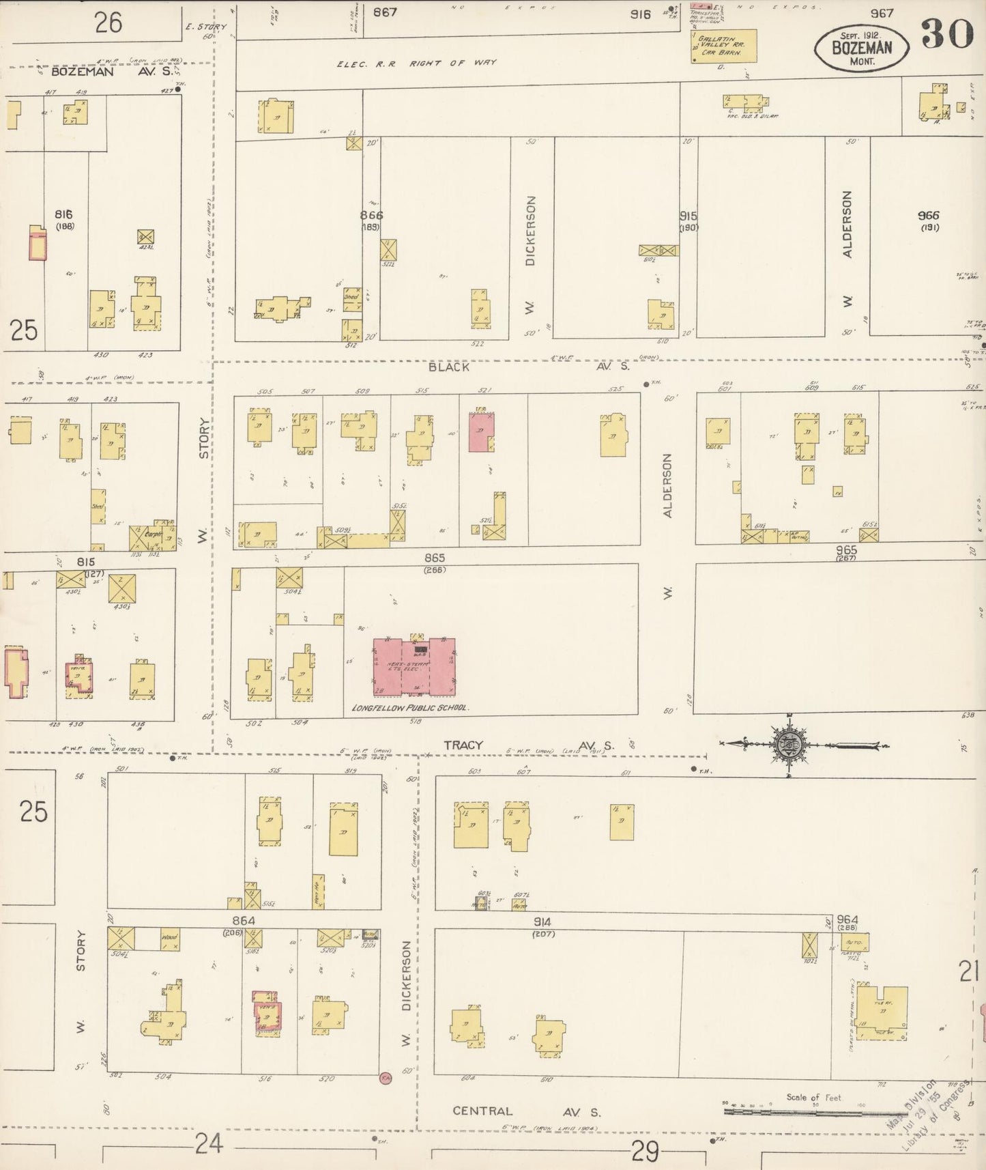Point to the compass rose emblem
[789, 745]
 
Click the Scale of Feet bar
[784, 1111]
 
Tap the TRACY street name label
[464, 745]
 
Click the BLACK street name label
[448, 367]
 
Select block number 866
[371, 215]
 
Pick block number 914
[542, 922]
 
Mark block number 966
[929, 215]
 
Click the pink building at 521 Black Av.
[481, 431]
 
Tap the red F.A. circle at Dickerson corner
[386, 1078]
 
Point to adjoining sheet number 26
[108, 23]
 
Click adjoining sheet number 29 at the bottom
[645, 1152]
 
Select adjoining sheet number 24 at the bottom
[208, 1143]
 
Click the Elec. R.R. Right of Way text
[416, 63]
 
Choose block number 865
[433, 558]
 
